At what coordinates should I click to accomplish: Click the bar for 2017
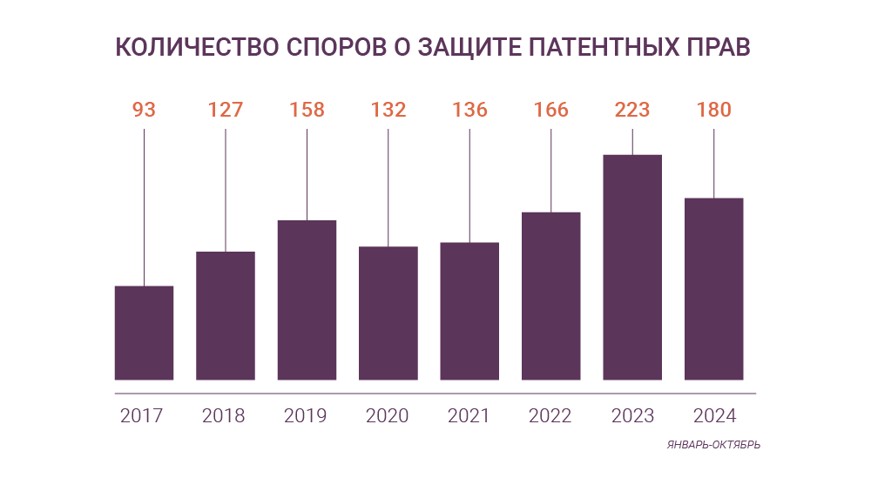[144, 333]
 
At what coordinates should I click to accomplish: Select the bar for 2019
[307, 300]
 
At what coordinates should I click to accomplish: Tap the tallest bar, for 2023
[632, 267]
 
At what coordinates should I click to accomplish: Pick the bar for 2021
[469, 311]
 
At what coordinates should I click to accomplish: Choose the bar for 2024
[713, 289]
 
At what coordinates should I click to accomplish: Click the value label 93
[144, 110]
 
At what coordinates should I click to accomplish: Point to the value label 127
[226, 110]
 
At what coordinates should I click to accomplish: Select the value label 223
[632, 110]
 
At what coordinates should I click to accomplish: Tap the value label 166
[550, 110]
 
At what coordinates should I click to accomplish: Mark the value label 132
[388, 110]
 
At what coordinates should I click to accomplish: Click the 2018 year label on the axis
[224, 415]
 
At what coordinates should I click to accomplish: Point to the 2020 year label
[388, 415]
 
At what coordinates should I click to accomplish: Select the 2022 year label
[550, 415]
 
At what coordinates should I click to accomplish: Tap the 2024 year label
[714, 415]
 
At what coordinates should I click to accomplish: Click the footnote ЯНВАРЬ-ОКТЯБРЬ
[713, 444]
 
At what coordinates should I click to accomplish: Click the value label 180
[713, 110]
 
